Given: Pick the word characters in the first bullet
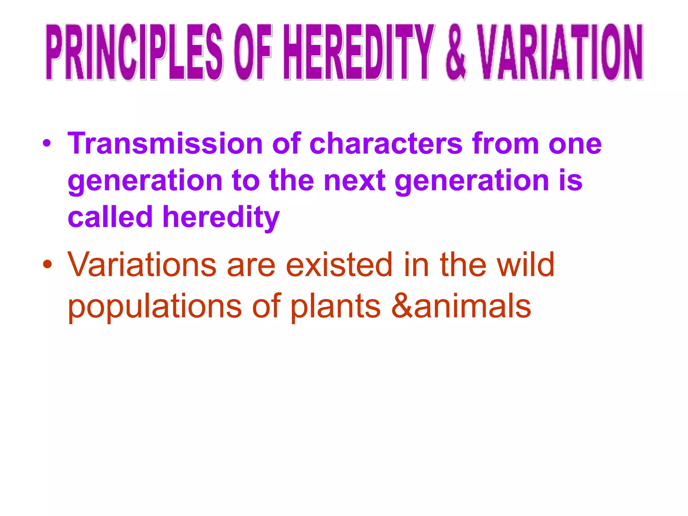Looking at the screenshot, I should pos(386,144).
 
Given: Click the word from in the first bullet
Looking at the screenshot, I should pos(505,144).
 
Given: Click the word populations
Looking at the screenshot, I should pos(155,306).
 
